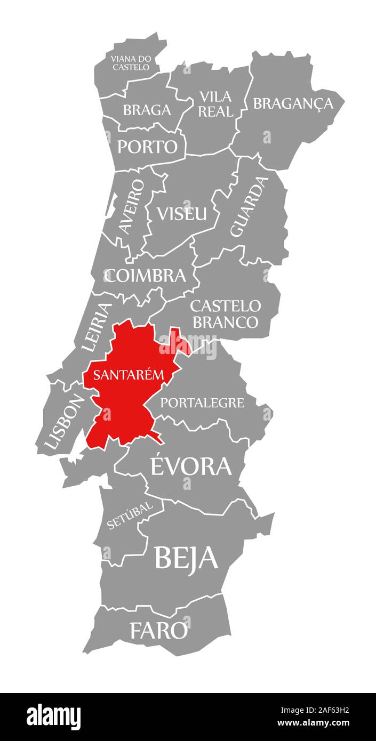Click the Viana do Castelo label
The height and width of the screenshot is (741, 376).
point(131,62)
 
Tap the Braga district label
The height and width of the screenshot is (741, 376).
point(147,110)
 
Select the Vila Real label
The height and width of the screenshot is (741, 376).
point(216,104)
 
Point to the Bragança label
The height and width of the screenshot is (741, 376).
point(293,103)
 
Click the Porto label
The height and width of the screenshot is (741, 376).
point(147,147)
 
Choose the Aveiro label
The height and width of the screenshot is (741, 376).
point(131,206)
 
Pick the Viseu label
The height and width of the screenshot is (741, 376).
point(181,214)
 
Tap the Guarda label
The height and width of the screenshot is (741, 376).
point(248,207)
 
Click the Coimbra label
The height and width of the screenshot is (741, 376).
point(145,276)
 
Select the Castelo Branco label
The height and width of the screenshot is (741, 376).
point(225,314)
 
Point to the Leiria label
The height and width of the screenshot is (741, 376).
point(97,327)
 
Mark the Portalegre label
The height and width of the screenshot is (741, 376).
point(202,402)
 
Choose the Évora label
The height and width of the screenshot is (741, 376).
point(191,466)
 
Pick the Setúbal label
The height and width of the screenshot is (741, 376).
point(130,514)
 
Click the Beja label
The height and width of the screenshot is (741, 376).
point(186,557)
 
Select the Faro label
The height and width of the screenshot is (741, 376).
point(159,631)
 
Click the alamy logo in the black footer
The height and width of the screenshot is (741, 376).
point(53,716)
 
